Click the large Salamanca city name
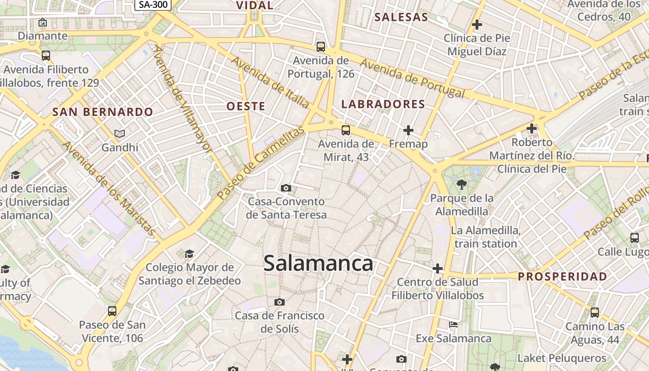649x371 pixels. [x=318, y=263]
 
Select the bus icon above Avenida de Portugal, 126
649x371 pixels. [x=320, y=46]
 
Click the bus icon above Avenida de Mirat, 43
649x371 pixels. [x=345, y=130]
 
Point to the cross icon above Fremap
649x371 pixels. [x=408, y=130]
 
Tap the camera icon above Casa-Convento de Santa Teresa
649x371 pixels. [x=286, y=188]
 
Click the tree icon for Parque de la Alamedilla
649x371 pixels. [x=461, y=185]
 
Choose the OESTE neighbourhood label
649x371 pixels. [x=246, y=106]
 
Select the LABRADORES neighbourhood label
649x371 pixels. [x=383, y=104]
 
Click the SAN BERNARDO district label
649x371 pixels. [x=102, y=112]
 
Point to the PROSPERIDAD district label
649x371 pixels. [x=562, y=277]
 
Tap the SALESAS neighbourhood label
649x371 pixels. [x=401, y=17]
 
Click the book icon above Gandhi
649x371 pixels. [x=120, y=134]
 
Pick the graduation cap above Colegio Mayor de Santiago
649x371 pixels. [x=189, y=254]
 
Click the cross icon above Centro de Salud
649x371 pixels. [x=437, y=269]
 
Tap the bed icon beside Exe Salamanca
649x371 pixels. [x=453, y=325]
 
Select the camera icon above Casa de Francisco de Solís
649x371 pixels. [x=279, y=302]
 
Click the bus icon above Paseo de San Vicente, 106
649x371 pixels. [x=112, y=311]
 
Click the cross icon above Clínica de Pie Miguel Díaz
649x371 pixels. [x=477, y=24]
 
